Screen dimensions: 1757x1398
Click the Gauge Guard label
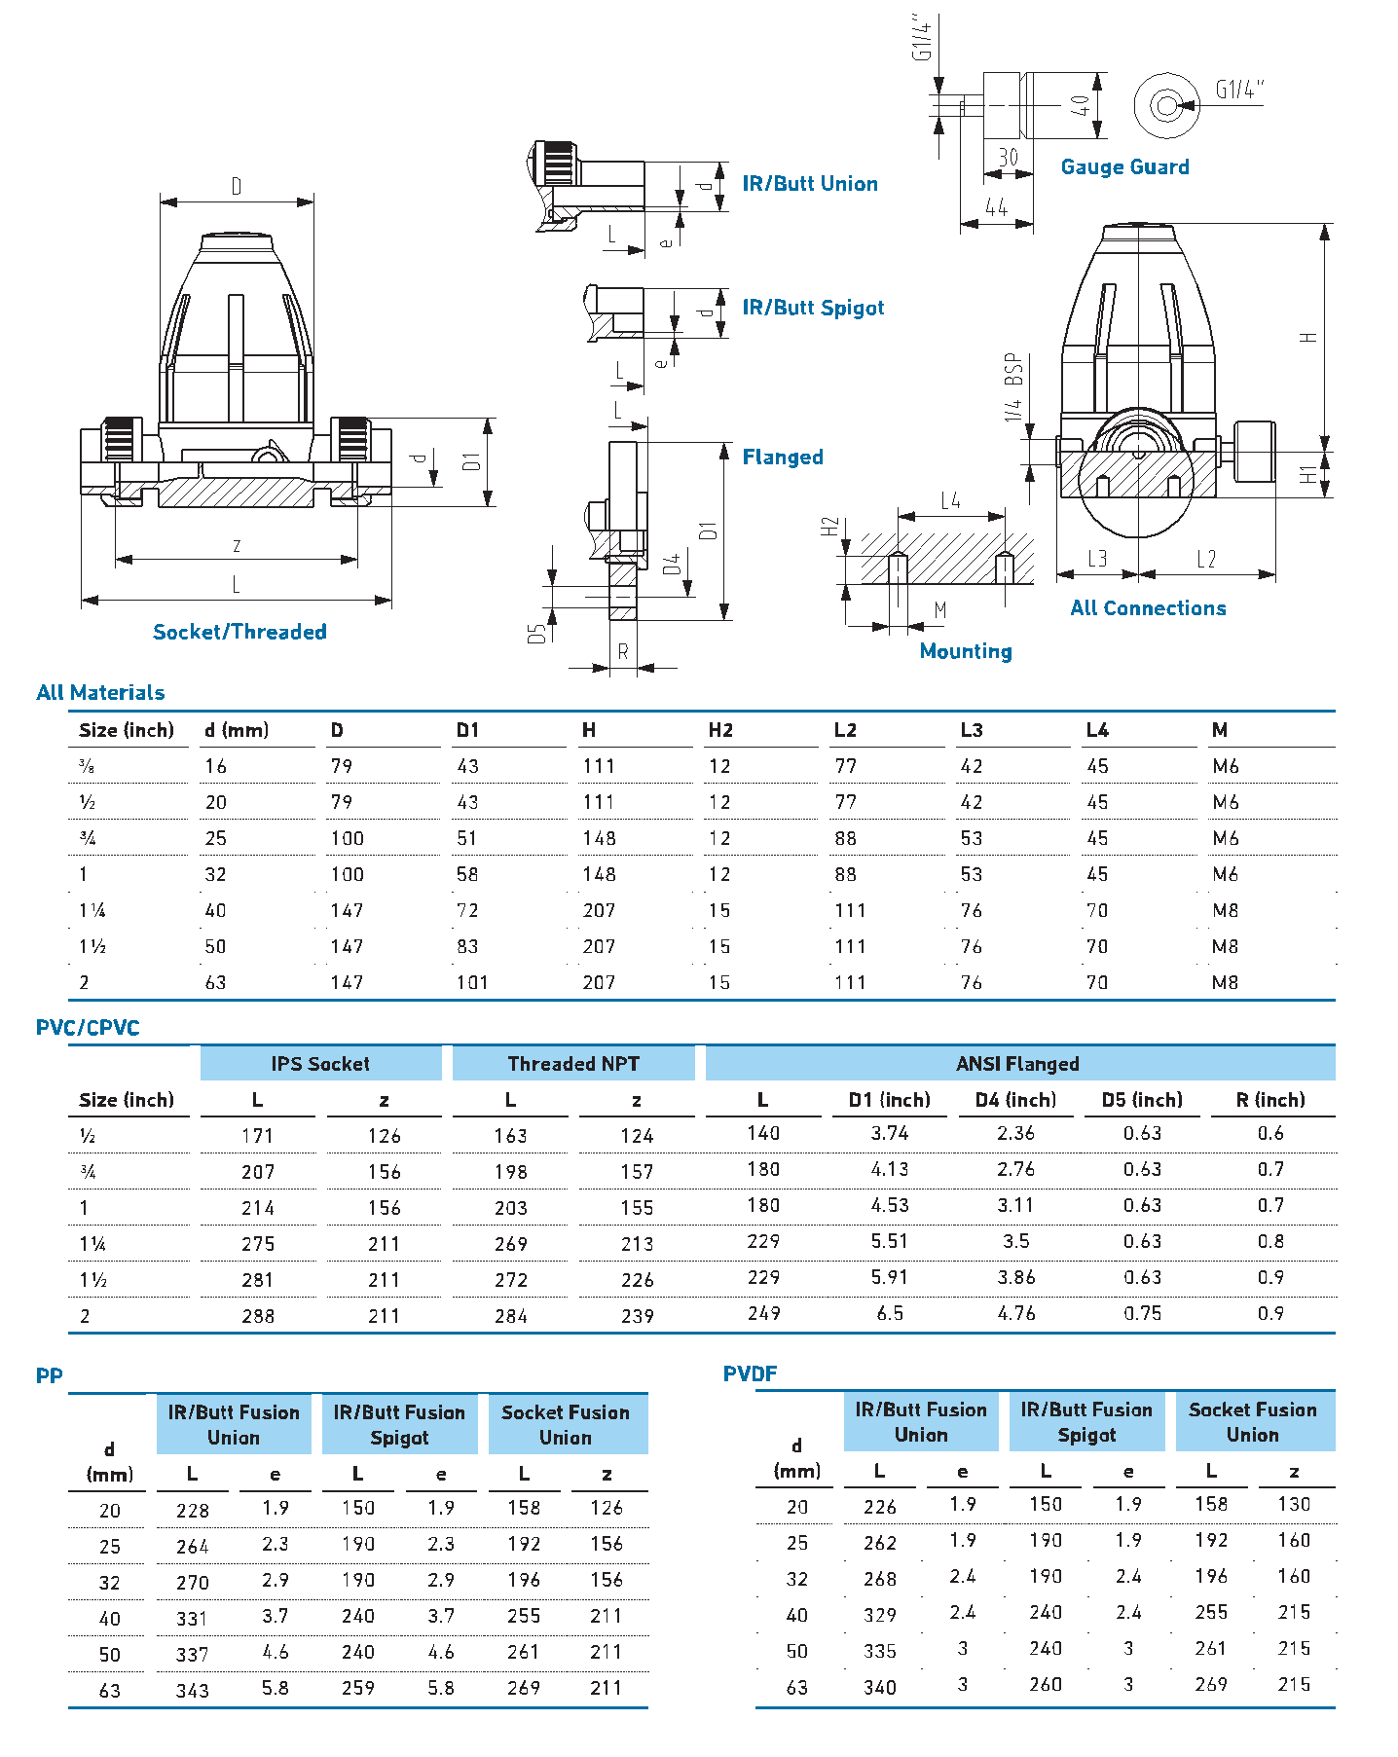pos(1124,167)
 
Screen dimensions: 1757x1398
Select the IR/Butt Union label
pos(809,184)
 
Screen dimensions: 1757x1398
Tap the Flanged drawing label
pos(782,458)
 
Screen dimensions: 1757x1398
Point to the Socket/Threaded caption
pos(239,632)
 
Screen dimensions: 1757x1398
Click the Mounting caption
pos(965,651)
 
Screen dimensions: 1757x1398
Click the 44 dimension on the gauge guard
pos(995,207)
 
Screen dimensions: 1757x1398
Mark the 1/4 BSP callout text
pos(1013,386)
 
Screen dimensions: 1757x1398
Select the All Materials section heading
pos(100,693)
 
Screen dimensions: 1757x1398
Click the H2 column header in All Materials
pos(720,730)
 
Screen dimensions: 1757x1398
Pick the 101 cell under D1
pos(472,982)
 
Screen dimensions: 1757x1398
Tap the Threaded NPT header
pos(573,1064)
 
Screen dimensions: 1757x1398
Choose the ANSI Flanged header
pos(1017,1064)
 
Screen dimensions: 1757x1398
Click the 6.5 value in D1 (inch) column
pos(890,1313)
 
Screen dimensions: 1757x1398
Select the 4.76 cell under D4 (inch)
pos(1016,1313)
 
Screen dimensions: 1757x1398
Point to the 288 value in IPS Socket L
pos(258,1316)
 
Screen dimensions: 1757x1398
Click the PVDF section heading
pos(750,1373)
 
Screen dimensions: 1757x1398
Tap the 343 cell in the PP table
pos(193,1691)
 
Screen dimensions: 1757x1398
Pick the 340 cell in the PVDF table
pos(880,1688)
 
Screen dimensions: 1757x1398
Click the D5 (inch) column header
pos(1142,1100)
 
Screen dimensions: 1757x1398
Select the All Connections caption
pos(1148,608)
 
